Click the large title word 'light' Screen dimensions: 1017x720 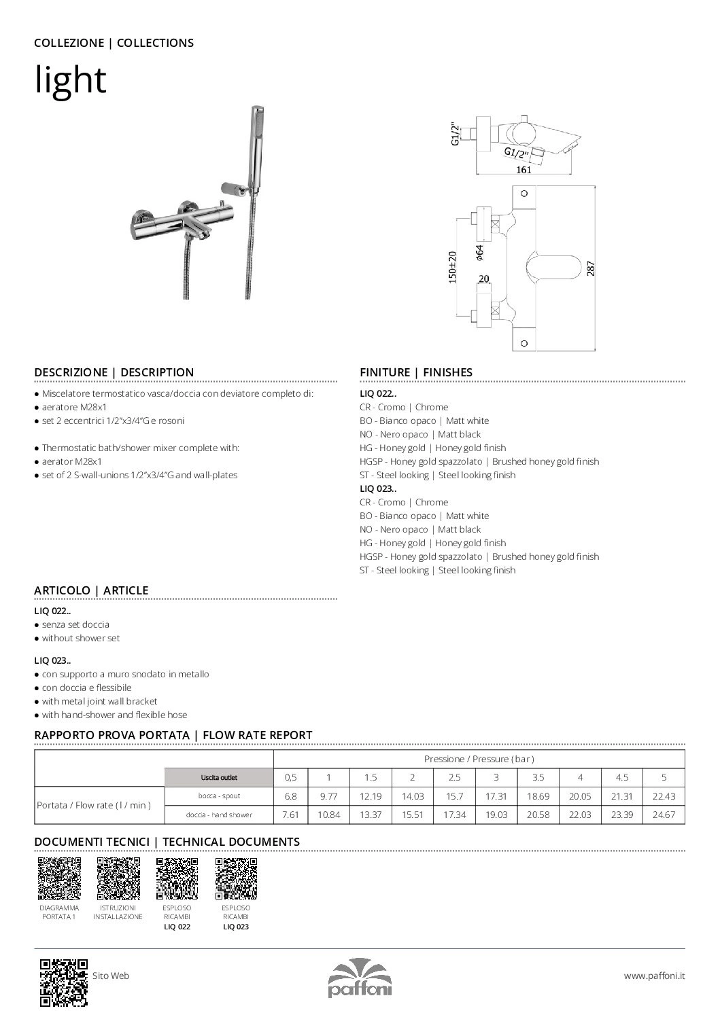point(71,80)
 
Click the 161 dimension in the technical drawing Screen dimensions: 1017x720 point(524,170)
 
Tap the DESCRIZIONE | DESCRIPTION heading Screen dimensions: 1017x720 point(114,372)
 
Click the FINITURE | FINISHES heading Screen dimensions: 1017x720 point(416,372)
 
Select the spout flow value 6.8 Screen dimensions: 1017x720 point(290,796)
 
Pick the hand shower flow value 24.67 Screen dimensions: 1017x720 point(664,815)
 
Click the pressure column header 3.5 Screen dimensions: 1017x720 point(538,778)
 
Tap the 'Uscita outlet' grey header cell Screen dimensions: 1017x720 point(219,778)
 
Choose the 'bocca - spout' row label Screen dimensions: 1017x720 point(219,796)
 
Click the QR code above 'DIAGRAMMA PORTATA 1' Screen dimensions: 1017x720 point(59,878)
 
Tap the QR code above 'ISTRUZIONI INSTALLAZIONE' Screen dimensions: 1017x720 point(118,878)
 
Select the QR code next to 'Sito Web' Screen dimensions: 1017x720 point(64,982)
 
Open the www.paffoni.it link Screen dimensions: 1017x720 point(654,976)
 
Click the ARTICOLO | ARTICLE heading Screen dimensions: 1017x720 point(91,590)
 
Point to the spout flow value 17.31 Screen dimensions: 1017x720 point(496,796)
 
